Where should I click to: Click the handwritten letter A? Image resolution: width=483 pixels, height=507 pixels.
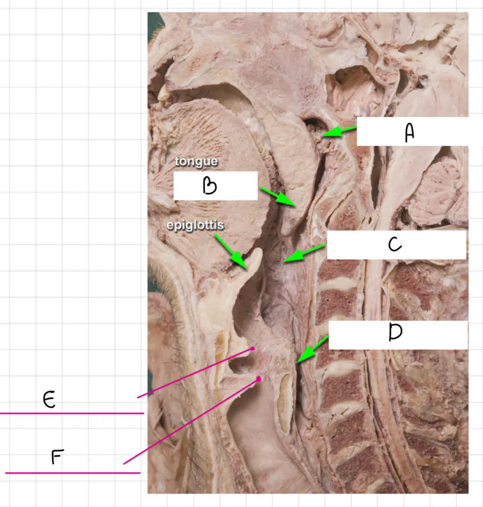[x=409, y=133]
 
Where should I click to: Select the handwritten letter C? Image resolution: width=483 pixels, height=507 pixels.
[x=395, y=244]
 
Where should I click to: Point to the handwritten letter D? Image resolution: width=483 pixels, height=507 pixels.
[x=395, y=332]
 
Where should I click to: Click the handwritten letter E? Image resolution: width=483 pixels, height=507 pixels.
[x=49, y=400]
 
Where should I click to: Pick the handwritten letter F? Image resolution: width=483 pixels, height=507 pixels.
[x=57, y=456]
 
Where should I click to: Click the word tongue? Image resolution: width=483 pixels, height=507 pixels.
[x=196, y=161]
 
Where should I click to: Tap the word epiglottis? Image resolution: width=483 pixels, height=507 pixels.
[x=195, y=225]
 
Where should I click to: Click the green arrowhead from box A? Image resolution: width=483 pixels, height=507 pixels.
[x=331, y=132]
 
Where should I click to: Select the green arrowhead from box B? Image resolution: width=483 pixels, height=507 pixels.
[x=286, y=200]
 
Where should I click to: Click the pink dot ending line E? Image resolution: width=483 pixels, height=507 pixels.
[x=253, y=349]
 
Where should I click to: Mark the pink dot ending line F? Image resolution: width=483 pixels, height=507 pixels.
[x=258, y=379]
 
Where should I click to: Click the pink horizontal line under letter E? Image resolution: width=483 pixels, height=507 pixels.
[x=72, y=413]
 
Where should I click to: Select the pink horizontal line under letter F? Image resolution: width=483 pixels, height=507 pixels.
[x=73, y=473]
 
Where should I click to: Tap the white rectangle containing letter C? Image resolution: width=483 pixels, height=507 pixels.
[x=396, y=245]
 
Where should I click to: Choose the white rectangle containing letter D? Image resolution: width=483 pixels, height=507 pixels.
[x=398, y=335]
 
